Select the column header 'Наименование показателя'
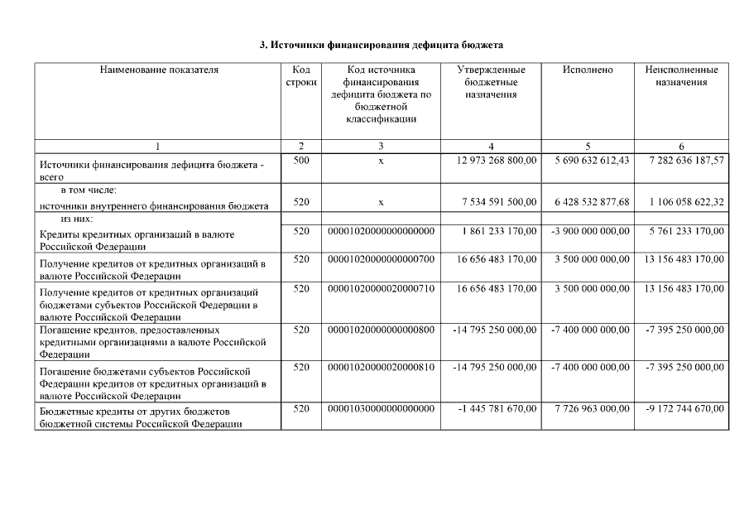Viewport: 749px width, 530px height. pos(159,70)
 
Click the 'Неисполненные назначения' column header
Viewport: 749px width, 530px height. pos(681,76)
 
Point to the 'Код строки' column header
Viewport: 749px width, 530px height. pos(301,76)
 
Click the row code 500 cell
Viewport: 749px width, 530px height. pos(301,160)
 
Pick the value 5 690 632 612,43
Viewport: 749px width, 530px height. pos(590,160)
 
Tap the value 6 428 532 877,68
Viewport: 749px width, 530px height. pos(590,202)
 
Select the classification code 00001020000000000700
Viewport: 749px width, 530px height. pos(381,260)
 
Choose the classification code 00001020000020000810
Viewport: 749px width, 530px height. pos(381,368)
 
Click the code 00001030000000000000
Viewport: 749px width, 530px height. pos(381,409)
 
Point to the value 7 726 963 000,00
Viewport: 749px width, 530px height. pos(591,409)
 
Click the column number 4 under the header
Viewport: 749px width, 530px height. pos(492,147)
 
